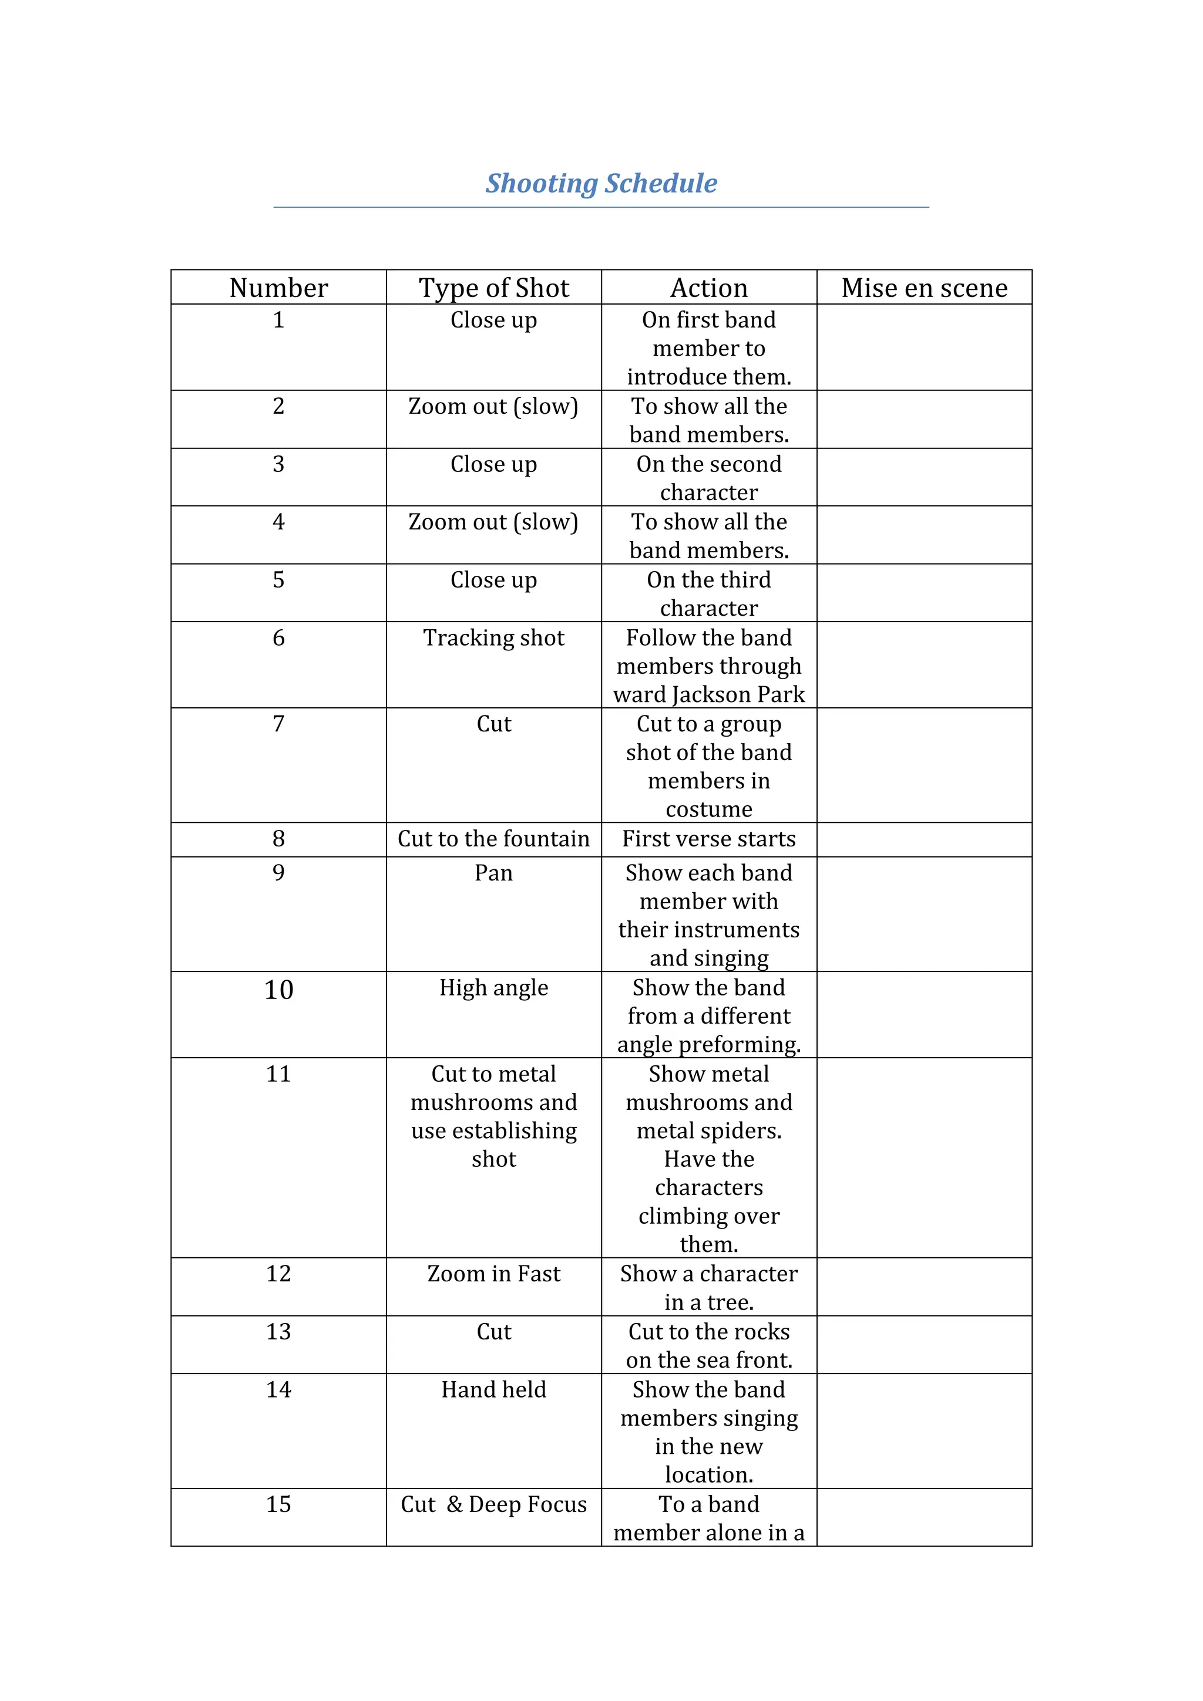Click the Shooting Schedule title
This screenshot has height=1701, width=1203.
point(601,183)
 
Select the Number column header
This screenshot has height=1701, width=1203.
point(278,288)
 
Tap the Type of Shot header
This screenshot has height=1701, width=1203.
point(493,288)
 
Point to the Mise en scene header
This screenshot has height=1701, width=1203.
point(925,288)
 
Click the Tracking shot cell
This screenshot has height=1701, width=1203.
point(493,638)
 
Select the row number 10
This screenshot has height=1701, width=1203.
point(278,990)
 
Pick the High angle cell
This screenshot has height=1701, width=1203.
point(493,988)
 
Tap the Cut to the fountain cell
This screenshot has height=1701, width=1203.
point(493,839)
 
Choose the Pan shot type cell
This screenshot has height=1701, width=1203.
point(493,873)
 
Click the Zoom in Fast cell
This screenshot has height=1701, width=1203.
point(493,1274)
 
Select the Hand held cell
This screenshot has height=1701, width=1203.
point(493,1389)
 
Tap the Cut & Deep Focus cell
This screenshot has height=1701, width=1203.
point(493,1504)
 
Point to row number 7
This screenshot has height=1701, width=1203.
point(278,724)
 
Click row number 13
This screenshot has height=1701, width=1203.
point(278,1331)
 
